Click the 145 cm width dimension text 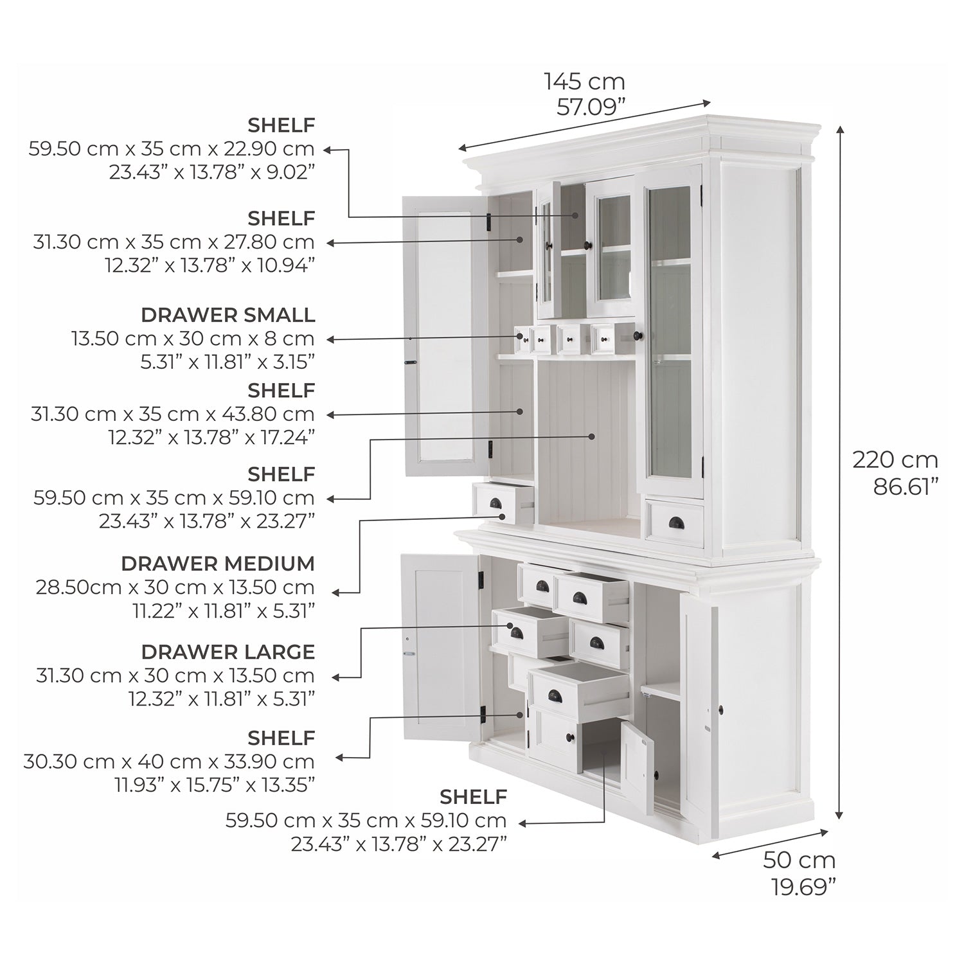click(x=584, y=82)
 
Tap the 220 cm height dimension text click(x=895, y=460)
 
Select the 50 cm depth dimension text click(x=799, y=859)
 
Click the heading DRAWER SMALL click(x=228, y=315)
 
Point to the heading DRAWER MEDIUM click(x=218, y=564)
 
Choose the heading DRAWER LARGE click(x=228, y=652)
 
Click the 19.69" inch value click(x=803, y=888)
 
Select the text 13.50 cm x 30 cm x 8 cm click(x=192, y=339)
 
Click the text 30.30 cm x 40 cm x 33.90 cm click(x=169, y=762)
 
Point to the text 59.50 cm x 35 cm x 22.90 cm click(x=172, y=149)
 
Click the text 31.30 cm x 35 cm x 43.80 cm click(x=173, y=414)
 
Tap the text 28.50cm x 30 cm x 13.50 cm click(x=175, y=587)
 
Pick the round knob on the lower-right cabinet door click(x=720, y=710)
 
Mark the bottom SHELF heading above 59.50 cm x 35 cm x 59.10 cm click(x=473, y=797)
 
